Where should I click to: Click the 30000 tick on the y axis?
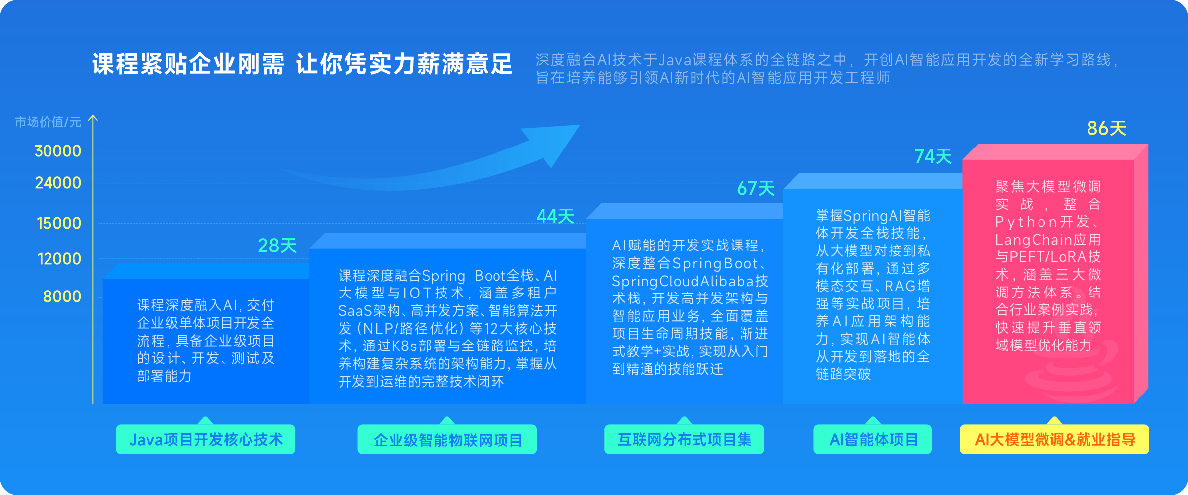pyautogui.click(x=57, y=151)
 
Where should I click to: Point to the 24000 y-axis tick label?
pyautogui.click(x=57, y=183)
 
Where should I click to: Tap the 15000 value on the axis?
pyautogui.click(x=58, y=223)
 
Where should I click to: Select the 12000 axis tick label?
pyautogui.click(x=59, y=259)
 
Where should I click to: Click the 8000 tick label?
pyautogui.click(x=62, y=297)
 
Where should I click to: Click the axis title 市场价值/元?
pyautogui.click(x=48, y=122)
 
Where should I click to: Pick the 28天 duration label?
pyautogui.click(x=277, y=246)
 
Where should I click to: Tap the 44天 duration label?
pyautogui.click(x=555, y=216)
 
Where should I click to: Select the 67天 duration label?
pyautogui.click(x=755, y=188)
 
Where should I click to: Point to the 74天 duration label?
pyautogui.click(x=933, y=157)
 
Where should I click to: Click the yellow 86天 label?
pyautogui.click(x=1106, y=129)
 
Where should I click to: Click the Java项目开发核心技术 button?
pyautogui.click(x=205, y=440)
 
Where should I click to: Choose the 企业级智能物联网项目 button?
pyautogui.click(x=447, y=440)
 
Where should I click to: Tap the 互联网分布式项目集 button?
pyautogui.click(x=684, y=440)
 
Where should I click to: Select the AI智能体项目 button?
pyautogui.click(x=873, y=440)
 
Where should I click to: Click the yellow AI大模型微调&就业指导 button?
pyautogui.click(x=1054, y=440)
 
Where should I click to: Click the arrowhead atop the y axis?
pyautogui.click(x=93, y=119)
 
